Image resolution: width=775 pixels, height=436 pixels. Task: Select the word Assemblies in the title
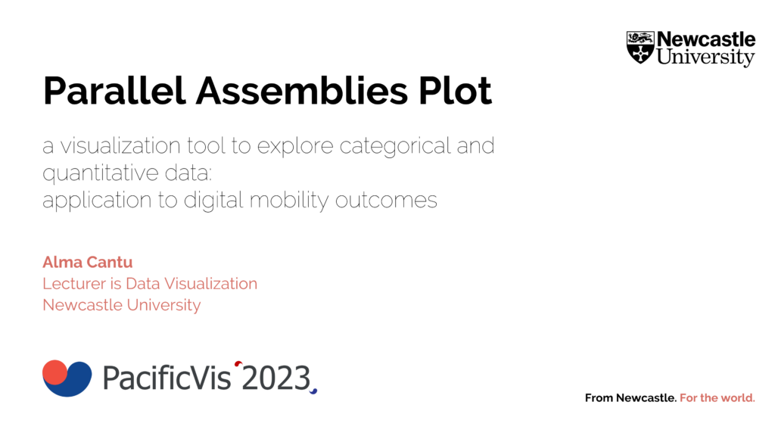click(302, 91)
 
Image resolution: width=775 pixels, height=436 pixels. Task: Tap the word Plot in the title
click(455, 91)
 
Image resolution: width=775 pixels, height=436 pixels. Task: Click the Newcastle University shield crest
click(640, 48)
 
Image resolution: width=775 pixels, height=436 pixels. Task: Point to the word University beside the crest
click(705, 58)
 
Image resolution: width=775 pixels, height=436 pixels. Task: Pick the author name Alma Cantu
click(88, 262)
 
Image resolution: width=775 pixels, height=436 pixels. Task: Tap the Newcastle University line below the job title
click(122, 305)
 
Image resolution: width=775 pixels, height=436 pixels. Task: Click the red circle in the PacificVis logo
click(54, 372)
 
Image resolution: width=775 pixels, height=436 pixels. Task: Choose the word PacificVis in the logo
click(167, 378)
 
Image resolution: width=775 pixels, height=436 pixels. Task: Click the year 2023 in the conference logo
click(275, 378)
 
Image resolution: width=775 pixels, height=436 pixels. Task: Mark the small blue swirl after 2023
click(313, 391)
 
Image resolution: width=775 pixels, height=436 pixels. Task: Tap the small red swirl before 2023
click(238, 364)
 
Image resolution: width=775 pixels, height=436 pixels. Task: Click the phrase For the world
click(717, 398)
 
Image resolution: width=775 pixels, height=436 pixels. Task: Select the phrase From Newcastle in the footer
click(630, 398)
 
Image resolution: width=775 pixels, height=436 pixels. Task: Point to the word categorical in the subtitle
click(395, 146)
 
